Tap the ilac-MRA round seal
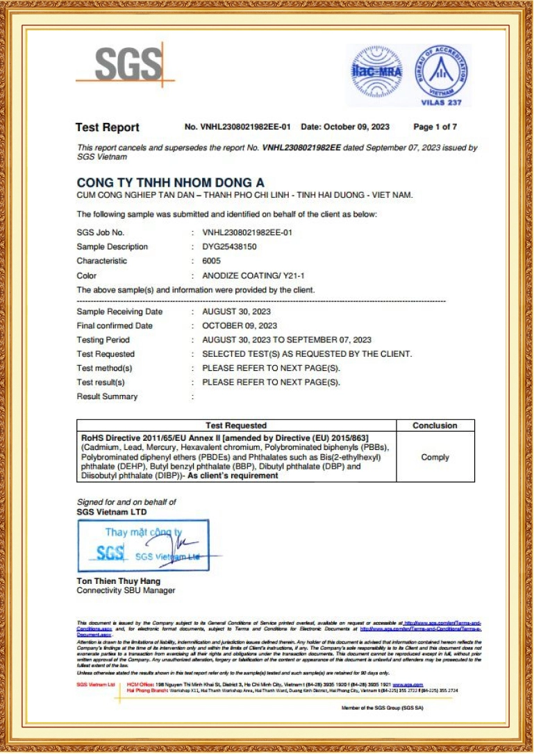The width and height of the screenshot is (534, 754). [x=376, y=72]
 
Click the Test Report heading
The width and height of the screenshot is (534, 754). [x=107, y=127]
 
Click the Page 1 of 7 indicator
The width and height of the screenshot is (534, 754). [x=435, y=127]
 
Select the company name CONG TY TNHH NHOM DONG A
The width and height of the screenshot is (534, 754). [x=170, y=182]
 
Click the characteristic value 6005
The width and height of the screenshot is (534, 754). [x=211, y=261]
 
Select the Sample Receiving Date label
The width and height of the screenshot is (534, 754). [x=119, y=312]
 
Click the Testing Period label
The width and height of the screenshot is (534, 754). [x=103, y=340]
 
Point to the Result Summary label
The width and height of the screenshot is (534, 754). [x=107, y=397]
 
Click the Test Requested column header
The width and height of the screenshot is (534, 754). [x=235, y=426]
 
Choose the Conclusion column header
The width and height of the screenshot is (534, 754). [x=435, y=426]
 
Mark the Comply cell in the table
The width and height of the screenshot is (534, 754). [x=435, y=458]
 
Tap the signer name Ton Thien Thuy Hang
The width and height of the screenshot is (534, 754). [x=118, y=581]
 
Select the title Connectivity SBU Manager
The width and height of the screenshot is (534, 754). [x=126, y=591]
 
